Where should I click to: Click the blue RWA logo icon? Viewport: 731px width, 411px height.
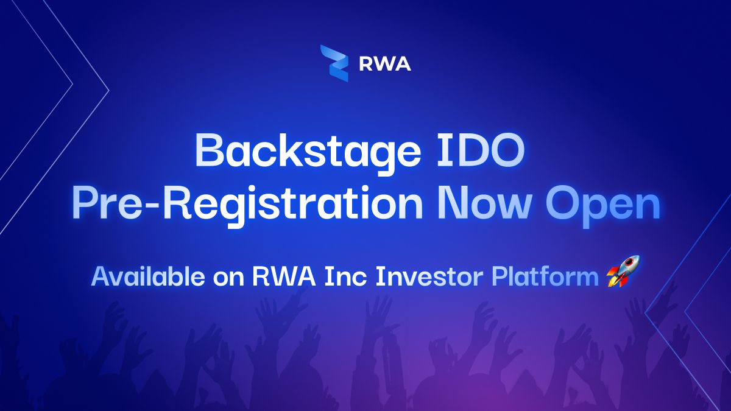tap(334, 63)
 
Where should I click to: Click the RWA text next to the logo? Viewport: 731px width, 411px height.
tap(385, 64)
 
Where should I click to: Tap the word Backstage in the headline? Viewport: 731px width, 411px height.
tap(308, 152)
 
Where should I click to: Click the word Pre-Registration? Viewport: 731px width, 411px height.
tap(247, 204)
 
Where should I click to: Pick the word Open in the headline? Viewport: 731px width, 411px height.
tap(603, 206)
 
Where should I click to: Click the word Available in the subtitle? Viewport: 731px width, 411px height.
tap(148, 276)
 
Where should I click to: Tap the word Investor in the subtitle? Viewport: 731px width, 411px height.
tap(430, 276)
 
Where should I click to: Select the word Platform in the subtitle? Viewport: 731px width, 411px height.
tap(545, 276)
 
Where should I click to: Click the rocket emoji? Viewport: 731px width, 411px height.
tap(623, 272)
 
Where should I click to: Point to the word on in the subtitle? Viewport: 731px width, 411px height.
tap(229, 279)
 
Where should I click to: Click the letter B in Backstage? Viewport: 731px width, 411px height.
tap(209, 150)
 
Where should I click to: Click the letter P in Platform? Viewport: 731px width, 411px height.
tap(500, 276)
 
